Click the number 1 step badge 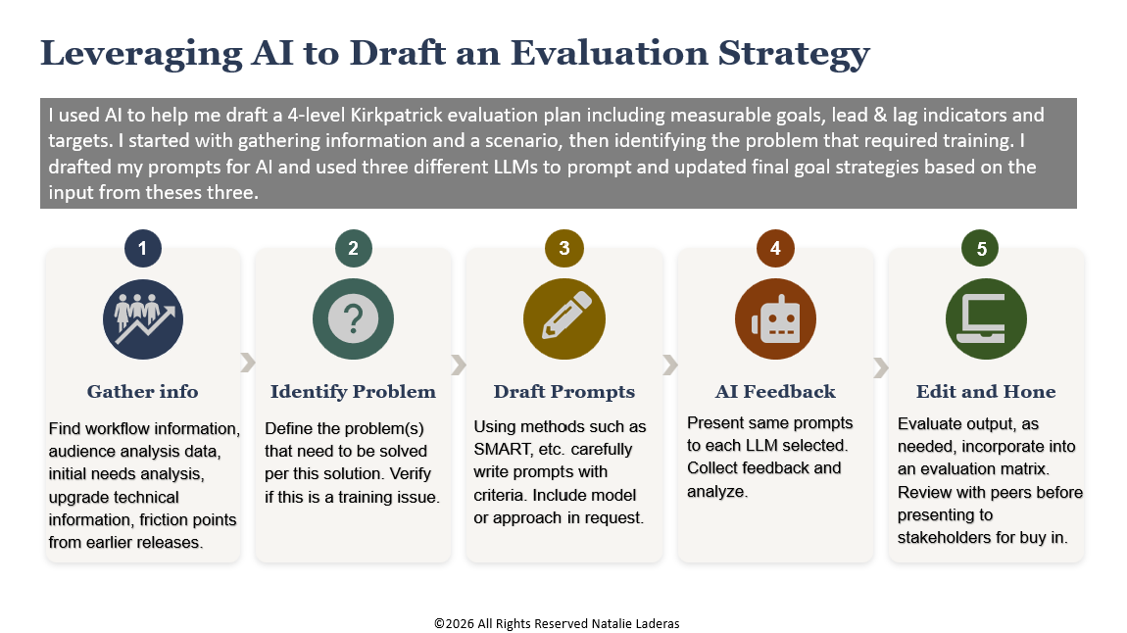coord(142,249)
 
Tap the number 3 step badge coord(564,249)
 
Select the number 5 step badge coord(981,249)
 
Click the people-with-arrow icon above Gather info coord(143,319)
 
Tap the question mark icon coord(353,319)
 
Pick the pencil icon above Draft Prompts coord(564,319)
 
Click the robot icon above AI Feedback coord(775,319)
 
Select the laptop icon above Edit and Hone coord(986,319)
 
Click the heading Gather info coord(142,392)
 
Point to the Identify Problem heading coord(353,392)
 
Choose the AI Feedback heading coord(775,392)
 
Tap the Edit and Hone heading coord(986,392)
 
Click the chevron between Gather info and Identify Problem coord(247,363)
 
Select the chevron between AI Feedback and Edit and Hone coord(880,367)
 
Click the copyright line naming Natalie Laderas coord(557,623)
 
